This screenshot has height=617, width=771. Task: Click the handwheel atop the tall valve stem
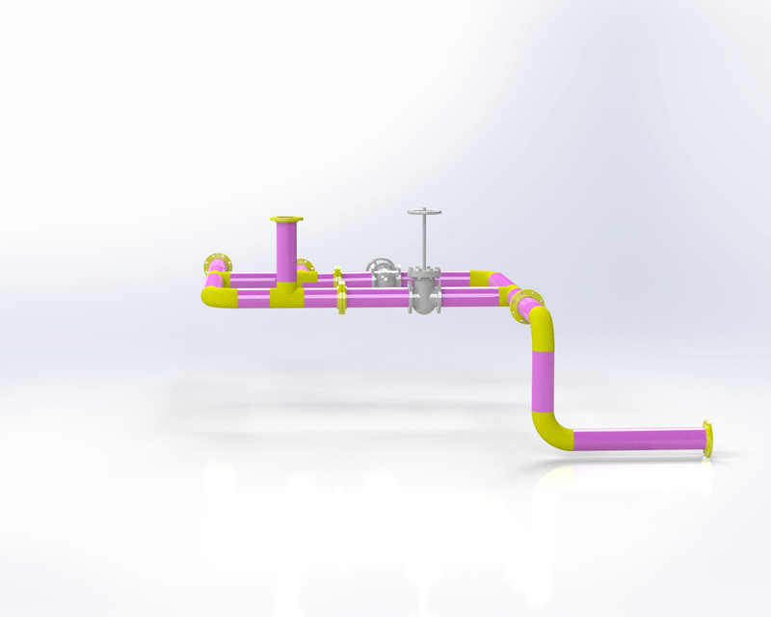[x=423, y=211]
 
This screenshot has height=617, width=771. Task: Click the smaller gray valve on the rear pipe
[x=384, y=273]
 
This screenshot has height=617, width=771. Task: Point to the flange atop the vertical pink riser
[x=286, y=220]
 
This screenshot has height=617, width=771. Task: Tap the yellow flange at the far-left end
[x=218, y=264]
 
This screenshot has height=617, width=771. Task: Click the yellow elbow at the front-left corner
[x=212, y=296]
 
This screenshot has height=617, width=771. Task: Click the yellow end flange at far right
[x=709, y=439]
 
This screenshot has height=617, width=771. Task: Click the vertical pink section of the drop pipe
[x=544, y=381]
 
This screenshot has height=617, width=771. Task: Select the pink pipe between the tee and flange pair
[x=318, y=299]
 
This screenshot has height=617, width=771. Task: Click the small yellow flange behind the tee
[x=306, y=270]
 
